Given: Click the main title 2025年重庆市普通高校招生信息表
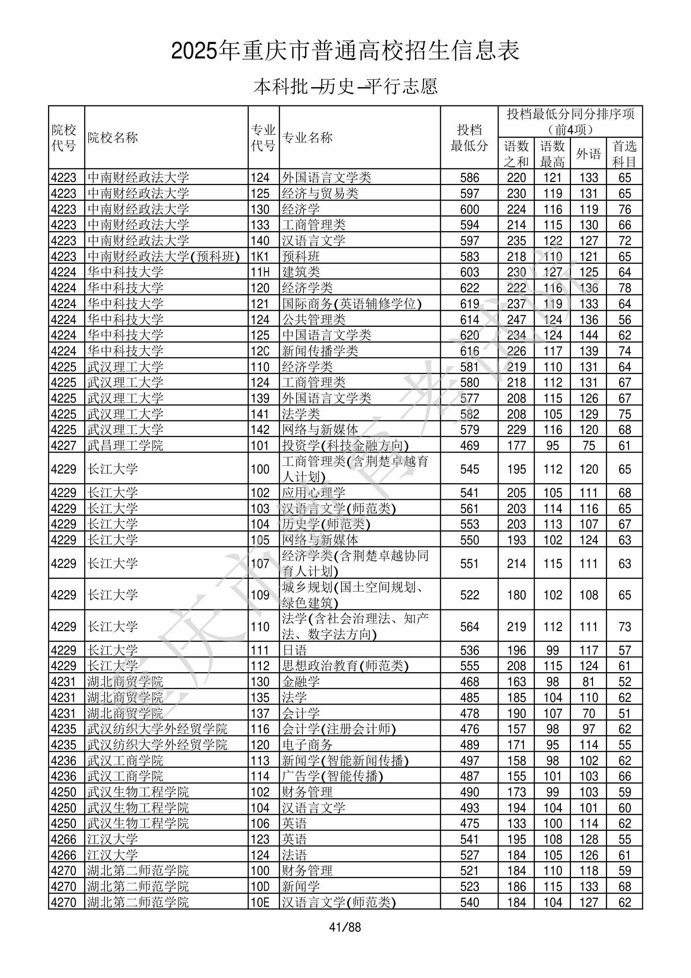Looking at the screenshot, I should [345, 51].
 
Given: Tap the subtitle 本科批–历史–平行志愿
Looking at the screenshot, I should [345, 86].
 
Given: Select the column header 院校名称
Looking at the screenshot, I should [113, 137].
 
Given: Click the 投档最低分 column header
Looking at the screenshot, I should [469, 137].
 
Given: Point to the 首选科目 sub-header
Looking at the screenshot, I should [624, 154].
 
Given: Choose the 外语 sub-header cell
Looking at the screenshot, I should [588, 154].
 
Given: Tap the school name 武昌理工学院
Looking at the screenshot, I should [125, 446].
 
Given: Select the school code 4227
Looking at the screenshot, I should [63, 446].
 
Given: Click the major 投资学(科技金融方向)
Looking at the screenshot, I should [345, 446].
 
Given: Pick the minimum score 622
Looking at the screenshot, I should [470, 288].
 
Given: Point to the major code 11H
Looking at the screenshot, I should [260, 272].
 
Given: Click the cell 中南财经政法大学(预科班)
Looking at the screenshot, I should [164, 256].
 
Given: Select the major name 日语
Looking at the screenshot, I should [294, 650].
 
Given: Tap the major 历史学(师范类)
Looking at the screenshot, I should [326, 524].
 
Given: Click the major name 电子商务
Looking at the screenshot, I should [307, 745].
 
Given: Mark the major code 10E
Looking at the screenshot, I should [260, 902].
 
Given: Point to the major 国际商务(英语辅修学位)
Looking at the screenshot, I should [352, 304].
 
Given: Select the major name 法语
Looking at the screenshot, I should [294, 855].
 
